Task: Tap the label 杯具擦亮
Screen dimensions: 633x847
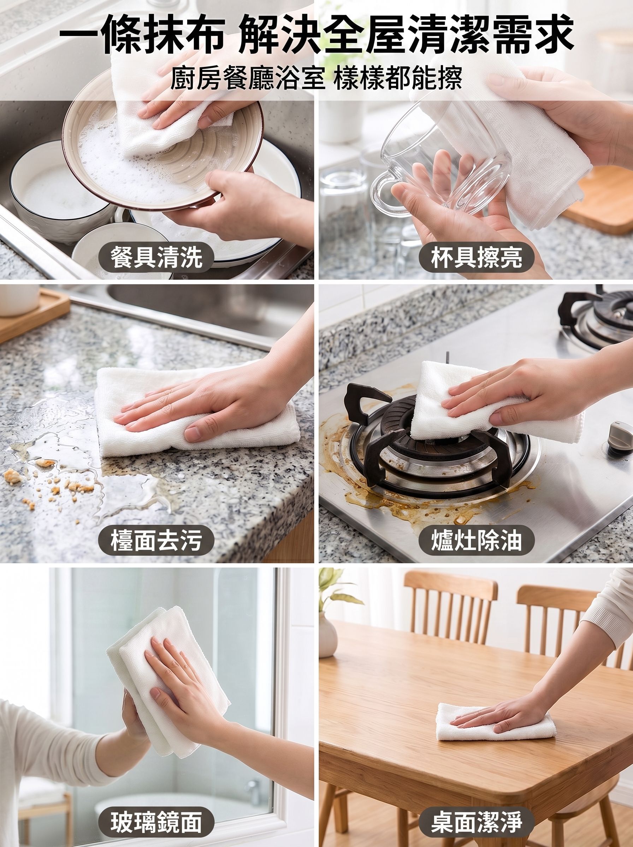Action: pos(476,257)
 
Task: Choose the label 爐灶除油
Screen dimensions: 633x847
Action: pos(476,540)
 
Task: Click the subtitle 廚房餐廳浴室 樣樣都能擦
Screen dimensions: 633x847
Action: pos(316,78)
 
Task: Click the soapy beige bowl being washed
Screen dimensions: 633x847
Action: pos(163,153)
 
